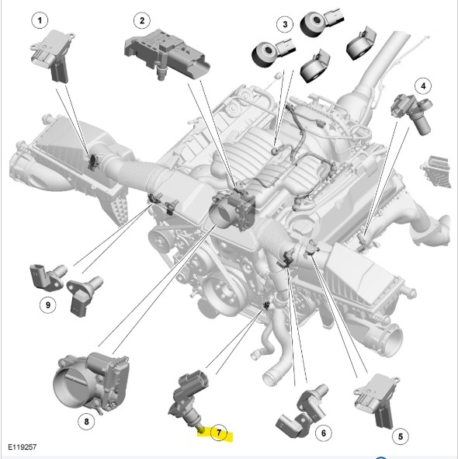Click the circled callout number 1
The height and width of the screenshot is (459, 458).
[x=40, y=20]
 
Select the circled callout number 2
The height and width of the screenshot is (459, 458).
[x=142, y=20]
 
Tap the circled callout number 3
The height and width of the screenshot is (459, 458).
[x=285, y=24]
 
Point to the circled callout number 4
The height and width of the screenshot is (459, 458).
[x=423, y=86]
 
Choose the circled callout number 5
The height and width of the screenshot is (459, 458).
[x=401, y=436]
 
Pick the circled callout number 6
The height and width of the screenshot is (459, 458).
[x=324, y=433]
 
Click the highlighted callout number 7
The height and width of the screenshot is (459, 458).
[x=219, y=433]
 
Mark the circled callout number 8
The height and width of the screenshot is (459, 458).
[x=86, y=422]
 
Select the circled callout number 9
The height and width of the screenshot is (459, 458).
[x=48, y=304]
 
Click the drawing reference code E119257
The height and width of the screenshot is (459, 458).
[x=23, y=447]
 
